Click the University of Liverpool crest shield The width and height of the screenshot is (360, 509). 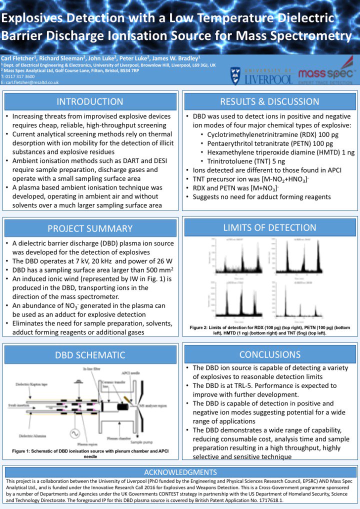[x=237, y=74]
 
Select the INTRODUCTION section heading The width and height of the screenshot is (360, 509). [x=89, y=102]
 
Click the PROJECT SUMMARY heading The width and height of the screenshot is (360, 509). [x=89, y=229]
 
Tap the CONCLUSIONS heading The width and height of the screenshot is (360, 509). [x=269, y=354]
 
